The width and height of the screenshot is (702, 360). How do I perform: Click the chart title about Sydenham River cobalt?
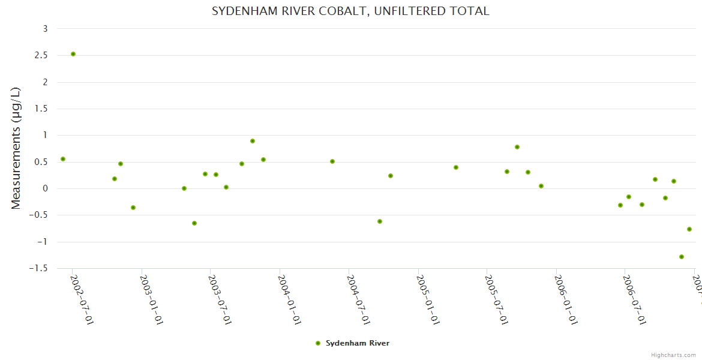350,11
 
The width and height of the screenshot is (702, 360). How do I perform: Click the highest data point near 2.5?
73,54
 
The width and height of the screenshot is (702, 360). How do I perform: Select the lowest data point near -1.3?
682,257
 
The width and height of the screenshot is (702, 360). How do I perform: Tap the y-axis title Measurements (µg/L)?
16,148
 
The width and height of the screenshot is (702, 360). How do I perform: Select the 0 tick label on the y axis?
45,188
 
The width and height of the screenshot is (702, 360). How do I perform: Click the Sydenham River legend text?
358,343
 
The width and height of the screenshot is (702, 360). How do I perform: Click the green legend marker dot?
318,343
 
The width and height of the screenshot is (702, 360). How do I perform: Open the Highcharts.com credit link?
674,355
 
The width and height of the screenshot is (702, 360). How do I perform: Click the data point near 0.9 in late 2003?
253,141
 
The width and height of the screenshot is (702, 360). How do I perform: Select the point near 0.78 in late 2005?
517,147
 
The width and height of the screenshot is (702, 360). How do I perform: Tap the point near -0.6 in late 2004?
380,221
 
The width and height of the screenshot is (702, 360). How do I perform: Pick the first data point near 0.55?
63,159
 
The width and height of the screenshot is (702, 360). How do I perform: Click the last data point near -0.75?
689,229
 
